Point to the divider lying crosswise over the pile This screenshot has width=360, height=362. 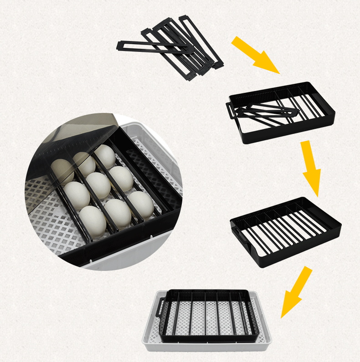point(155,46)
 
